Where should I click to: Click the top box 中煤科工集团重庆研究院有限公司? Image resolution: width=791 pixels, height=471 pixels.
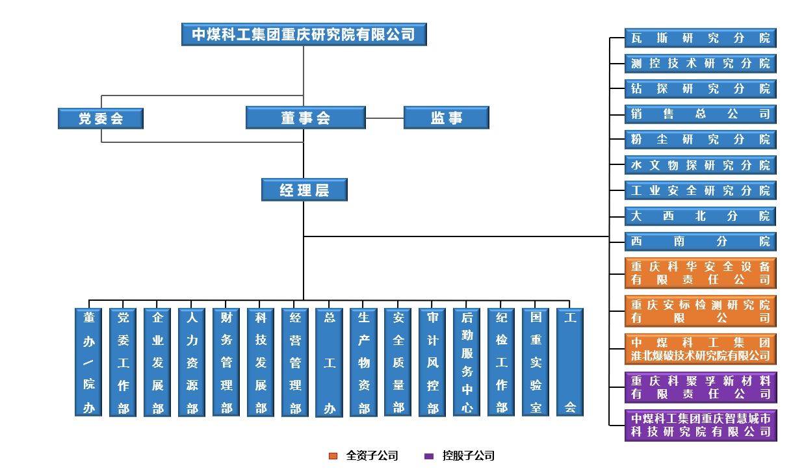(304, 34)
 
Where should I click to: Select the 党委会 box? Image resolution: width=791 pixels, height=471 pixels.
(101, 118)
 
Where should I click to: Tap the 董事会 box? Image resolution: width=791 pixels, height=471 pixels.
(305, 118)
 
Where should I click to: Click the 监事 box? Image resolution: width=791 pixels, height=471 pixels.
(446, 118)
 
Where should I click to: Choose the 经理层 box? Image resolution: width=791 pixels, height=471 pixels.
(304, 190)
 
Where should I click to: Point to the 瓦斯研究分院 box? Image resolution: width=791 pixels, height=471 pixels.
(700, 38)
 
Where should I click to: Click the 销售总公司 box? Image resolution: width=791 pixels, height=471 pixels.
(700, 114)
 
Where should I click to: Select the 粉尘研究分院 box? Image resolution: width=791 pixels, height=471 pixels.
(700, 140)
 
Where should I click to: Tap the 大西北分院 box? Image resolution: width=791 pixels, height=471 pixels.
(700, 216)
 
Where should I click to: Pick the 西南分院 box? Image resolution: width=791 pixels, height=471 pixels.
(700, 242)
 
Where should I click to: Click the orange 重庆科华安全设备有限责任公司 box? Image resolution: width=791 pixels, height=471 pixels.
(700, 274)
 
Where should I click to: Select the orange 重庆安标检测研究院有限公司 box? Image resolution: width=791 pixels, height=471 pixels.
(700, 311)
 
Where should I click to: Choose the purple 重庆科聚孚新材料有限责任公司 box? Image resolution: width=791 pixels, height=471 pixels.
(700, 387)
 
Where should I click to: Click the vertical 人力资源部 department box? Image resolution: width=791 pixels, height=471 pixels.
(192, 362)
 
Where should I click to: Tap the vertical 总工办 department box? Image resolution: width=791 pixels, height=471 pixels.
(330, 362)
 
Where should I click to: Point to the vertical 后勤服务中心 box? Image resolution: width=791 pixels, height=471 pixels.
(467, 362)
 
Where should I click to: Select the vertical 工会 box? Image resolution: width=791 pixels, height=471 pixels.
(570, 362)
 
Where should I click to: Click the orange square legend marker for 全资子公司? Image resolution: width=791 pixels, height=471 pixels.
(333, 456)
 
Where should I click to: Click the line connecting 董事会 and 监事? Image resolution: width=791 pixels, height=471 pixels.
(385, 118)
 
